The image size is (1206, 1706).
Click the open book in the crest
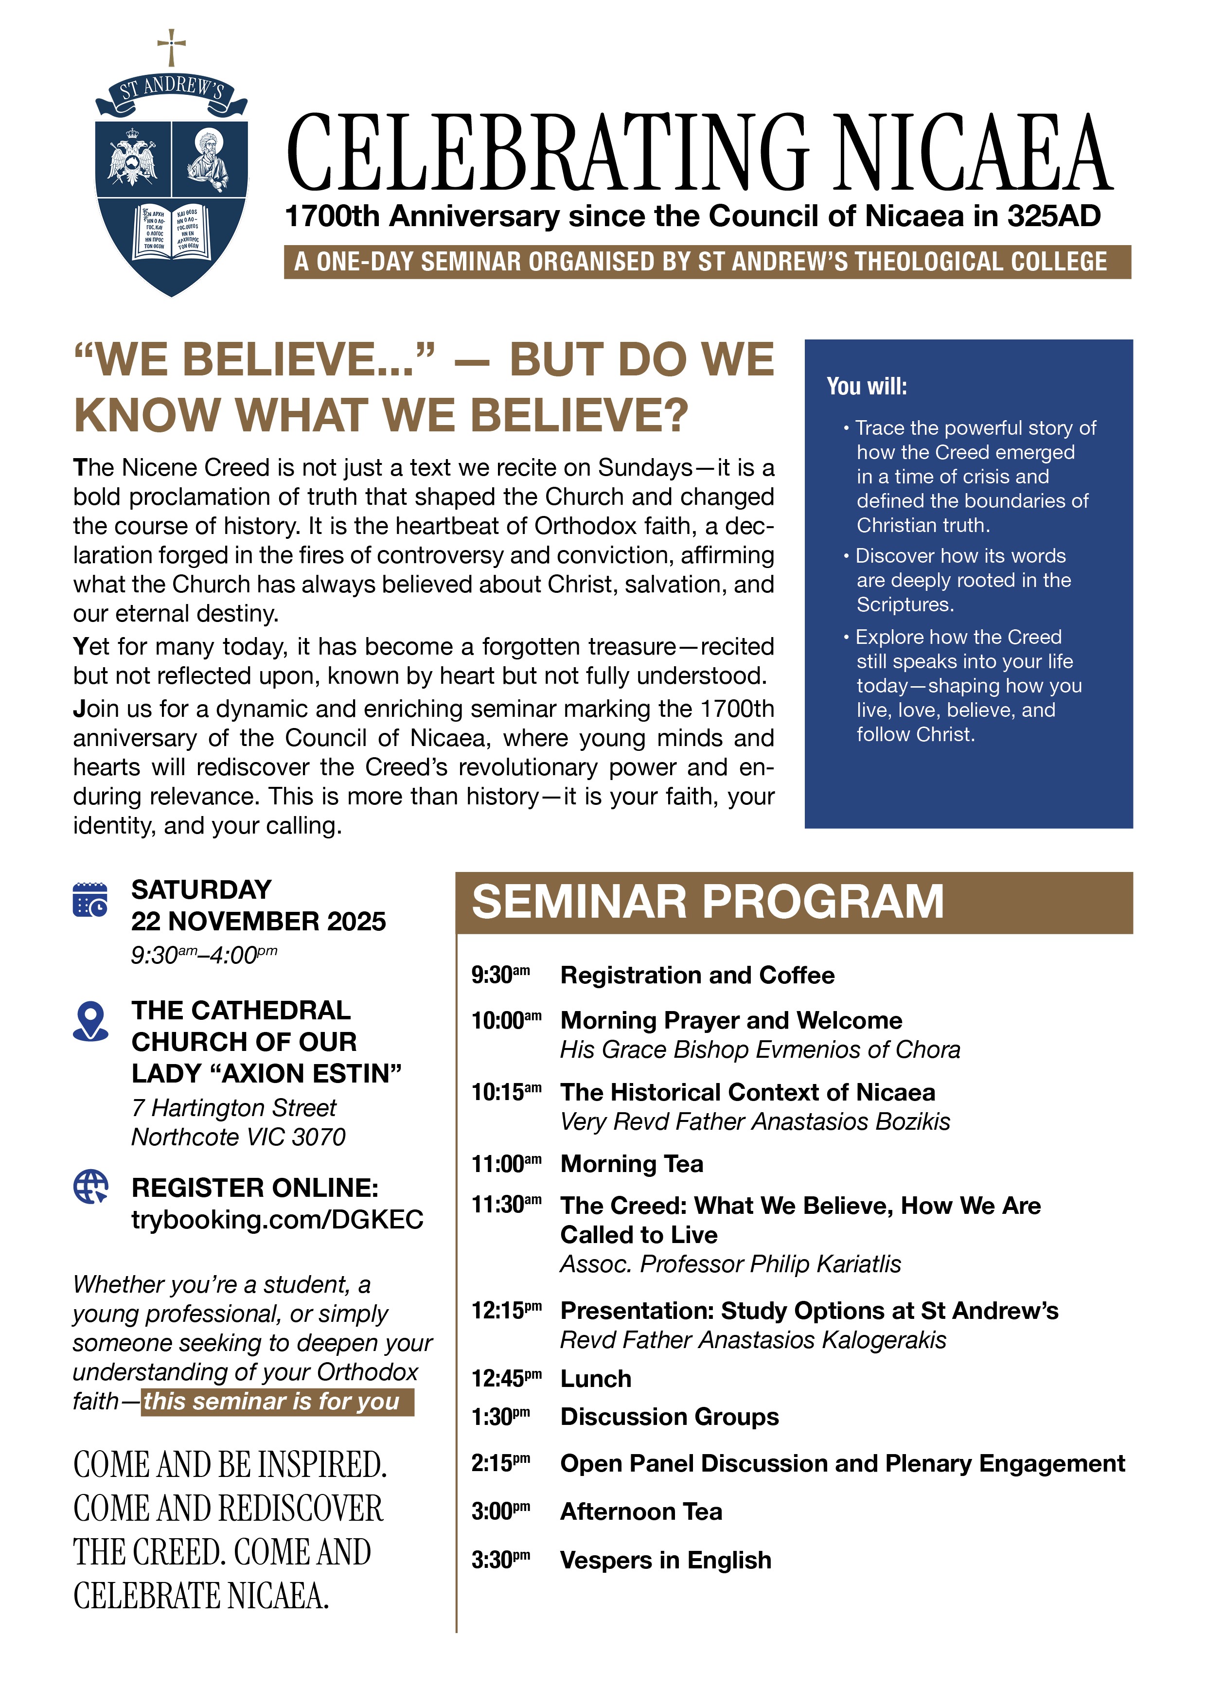click(172, 232)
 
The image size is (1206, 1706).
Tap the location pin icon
click(90, 1021)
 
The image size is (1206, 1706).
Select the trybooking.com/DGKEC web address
click(277, 1219)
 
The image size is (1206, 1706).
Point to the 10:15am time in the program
click(505, 1092)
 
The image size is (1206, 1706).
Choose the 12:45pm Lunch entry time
click(505, 1378)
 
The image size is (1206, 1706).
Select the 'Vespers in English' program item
click(665, 1560)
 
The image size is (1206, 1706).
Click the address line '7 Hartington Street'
click(233, 1108)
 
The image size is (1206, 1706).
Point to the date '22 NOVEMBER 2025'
click(259, 922)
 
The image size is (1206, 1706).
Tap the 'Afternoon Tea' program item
click(640, 1511)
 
